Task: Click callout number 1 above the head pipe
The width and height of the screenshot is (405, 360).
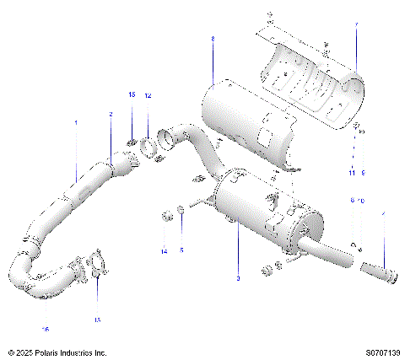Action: (x=75, y=123)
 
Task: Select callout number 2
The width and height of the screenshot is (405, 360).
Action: (x=111, y=113)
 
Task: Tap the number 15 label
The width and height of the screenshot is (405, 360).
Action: (x=132, y=96)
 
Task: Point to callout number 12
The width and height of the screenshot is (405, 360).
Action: (x=148, y=96)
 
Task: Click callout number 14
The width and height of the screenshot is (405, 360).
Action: (x=164, y=251)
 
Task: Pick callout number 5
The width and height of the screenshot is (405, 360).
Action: (x=181, y=251)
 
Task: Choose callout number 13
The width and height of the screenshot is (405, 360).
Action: (x=97, y=320)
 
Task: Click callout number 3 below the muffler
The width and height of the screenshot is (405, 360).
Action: (x=238, y=279)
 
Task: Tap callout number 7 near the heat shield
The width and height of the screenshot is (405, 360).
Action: (x=356, y=25)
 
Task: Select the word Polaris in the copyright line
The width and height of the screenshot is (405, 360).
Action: (x=62, y=352)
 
